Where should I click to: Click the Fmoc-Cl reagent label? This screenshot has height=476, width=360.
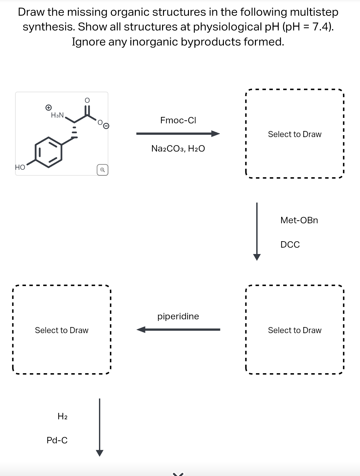click(x=178, y=120)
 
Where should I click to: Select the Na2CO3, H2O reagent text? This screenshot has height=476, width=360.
click(x=178, y=149)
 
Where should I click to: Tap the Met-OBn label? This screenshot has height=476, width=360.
click(x=299, y=220)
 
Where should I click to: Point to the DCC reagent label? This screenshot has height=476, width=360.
click(x=290, y=245)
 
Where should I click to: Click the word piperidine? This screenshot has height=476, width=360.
click(x=178, y=316)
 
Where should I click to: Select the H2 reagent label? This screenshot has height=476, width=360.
click(x=62, y=416)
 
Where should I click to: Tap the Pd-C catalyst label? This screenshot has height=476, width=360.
click(x=57, y=440)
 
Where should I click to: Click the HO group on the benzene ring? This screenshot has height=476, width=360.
click(x=20, y=167)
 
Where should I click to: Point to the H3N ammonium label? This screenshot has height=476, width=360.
click(x=58, y=115)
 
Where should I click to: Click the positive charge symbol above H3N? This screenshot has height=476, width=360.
click(x=48, y=107)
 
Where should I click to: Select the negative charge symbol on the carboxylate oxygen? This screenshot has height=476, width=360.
click(x=106, y=126)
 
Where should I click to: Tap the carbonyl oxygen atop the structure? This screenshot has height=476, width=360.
click(x=87, y=100)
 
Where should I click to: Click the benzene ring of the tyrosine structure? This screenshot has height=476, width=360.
click(x=49, y=152)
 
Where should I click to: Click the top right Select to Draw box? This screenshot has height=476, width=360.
click(x=294, y=134)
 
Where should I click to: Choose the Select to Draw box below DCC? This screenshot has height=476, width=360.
click(x=294, y=330)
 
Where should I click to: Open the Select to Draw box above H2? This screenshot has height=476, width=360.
click(x=61, y=330)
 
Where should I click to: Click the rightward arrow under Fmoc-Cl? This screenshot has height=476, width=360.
click(x=178, y=134)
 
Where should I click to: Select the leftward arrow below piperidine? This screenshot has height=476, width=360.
click(x=178, y=330)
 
